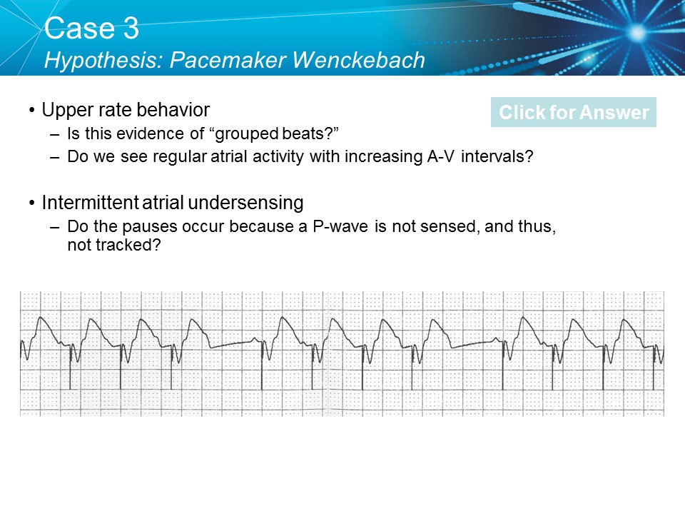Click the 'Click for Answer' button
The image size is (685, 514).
click(x=574, y=113)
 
